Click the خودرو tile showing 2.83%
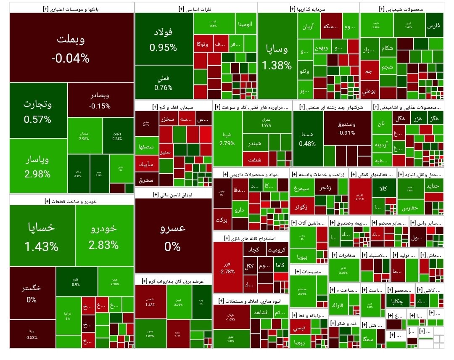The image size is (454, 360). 104,236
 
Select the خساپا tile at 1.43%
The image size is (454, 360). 42,236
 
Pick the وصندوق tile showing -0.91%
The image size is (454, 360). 347,128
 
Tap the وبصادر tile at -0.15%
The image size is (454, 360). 100,100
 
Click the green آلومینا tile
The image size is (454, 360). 245,24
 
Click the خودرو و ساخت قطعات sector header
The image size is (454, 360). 71,201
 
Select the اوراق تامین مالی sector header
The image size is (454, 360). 173,194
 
